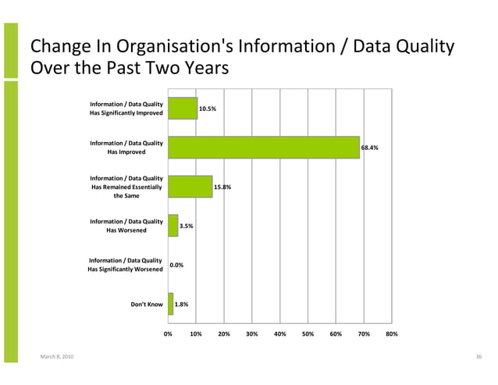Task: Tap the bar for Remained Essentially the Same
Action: click(x=190, y=187)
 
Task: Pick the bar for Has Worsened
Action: click(x=173, y=226)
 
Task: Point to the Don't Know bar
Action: click(x=170, y=304)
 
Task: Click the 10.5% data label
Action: click(x=208, y=109)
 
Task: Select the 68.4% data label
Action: click(x=369, y=148)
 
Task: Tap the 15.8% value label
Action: click(x=222, y=187)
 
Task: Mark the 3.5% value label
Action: click(x=187, y=226)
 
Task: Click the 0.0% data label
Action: click(x=176, y=266)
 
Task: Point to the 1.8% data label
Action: click(x=181, y=304)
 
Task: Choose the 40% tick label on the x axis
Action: click(x=279, y=333)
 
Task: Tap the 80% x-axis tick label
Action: click(x=392, y=333)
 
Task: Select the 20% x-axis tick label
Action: click(x=224, y=333)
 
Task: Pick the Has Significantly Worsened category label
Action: click(x=126, y=265)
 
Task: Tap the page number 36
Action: click(x=478, y=357)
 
